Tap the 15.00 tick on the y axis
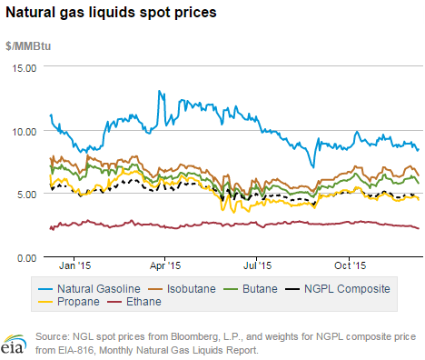pyautogui.click(x=22, y=67)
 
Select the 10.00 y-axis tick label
pyautogui.click(x=22, y=131)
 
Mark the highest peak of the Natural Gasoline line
pyautogui.click(x=160, y=91)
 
